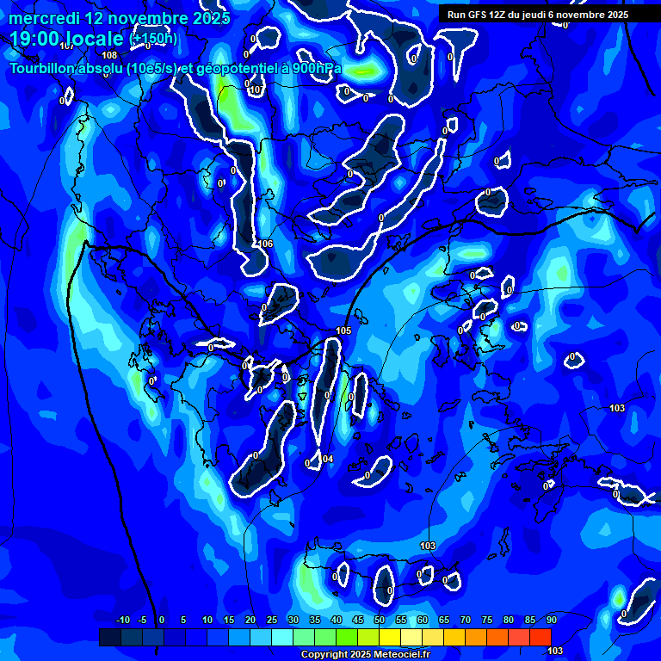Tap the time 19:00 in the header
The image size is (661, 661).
34,39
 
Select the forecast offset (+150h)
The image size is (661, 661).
153,39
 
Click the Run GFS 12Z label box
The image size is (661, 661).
538,15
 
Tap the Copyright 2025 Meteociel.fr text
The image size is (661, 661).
365,654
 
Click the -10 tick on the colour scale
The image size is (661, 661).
122,620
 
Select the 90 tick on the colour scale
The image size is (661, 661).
551,620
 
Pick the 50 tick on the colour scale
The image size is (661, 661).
380,620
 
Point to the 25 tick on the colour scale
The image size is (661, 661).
272,620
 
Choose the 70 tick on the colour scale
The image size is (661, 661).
466,620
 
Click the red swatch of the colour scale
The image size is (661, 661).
540,637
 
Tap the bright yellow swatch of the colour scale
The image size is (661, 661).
390,637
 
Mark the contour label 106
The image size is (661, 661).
266,244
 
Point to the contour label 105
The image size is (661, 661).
343,330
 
